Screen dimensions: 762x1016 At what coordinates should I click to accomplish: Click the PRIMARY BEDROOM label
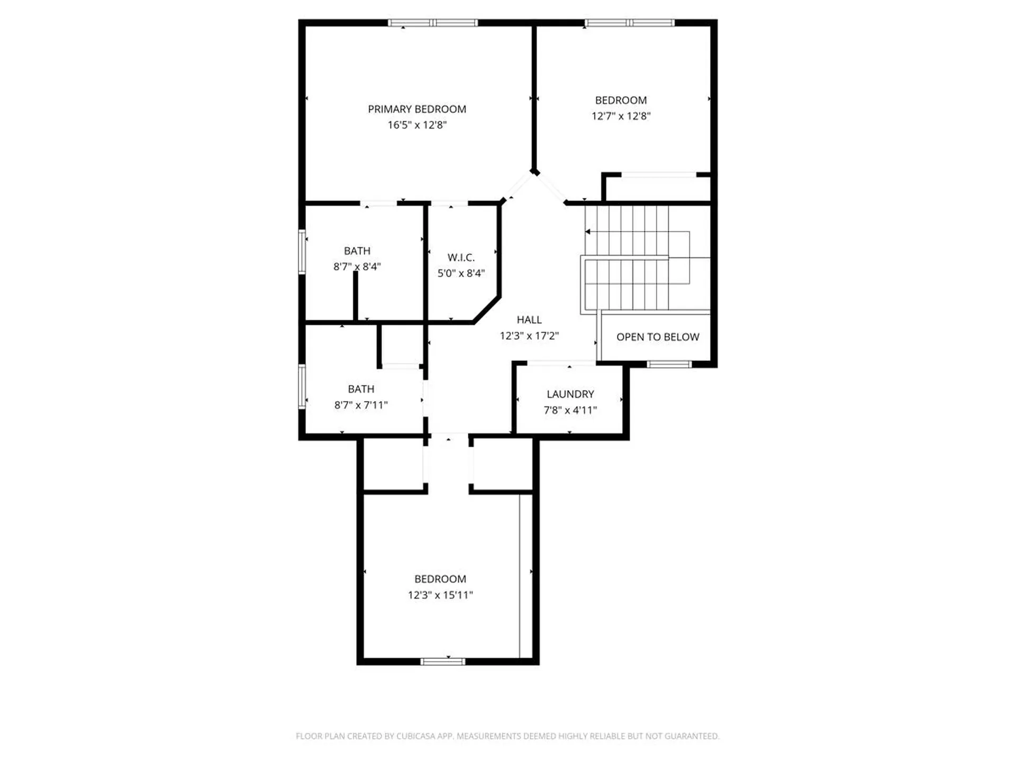point(417,109)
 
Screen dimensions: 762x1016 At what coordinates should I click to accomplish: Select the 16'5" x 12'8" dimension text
point(417,125)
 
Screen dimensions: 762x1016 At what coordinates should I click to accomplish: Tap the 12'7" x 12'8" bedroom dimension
point(621,116)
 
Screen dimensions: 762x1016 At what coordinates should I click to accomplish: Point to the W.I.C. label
point(461,258)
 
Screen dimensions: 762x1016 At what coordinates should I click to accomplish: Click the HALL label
point(529,320)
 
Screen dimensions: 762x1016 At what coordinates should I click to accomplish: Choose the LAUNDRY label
point(570,394)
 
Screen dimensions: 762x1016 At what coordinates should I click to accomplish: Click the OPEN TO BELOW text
point(658,337)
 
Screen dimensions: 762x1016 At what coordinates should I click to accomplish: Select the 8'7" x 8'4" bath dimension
point(357,267)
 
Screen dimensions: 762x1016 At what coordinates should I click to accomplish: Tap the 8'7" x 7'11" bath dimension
point(361,405)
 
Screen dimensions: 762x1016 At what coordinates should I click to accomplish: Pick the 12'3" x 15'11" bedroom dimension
point(440,595)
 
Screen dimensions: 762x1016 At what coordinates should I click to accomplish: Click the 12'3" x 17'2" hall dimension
point(529,335)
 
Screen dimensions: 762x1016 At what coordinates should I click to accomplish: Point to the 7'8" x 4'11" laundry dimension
point(570,410)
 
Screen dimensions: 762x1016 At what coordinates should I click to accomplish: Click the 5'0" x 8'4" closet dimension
point(461,274)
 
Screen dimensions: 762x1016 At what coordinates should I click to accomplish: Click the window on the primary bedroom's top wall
point(433,23)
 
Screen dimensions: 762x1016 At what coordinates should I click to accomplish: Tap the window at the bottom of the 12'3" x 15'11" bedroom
point(443,661)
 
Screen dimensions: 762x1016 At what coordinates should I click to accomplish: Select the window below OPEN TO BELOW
point(669,364)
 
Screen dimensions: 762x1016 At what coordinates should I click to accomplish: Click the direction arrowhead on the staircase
point(588,232)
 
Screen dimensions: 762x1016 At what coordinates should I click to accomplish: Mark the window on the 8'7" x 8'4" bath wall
point(302,251)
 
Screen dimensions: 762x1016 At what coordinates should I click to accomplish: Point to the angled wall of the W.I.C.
point(487,310)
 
